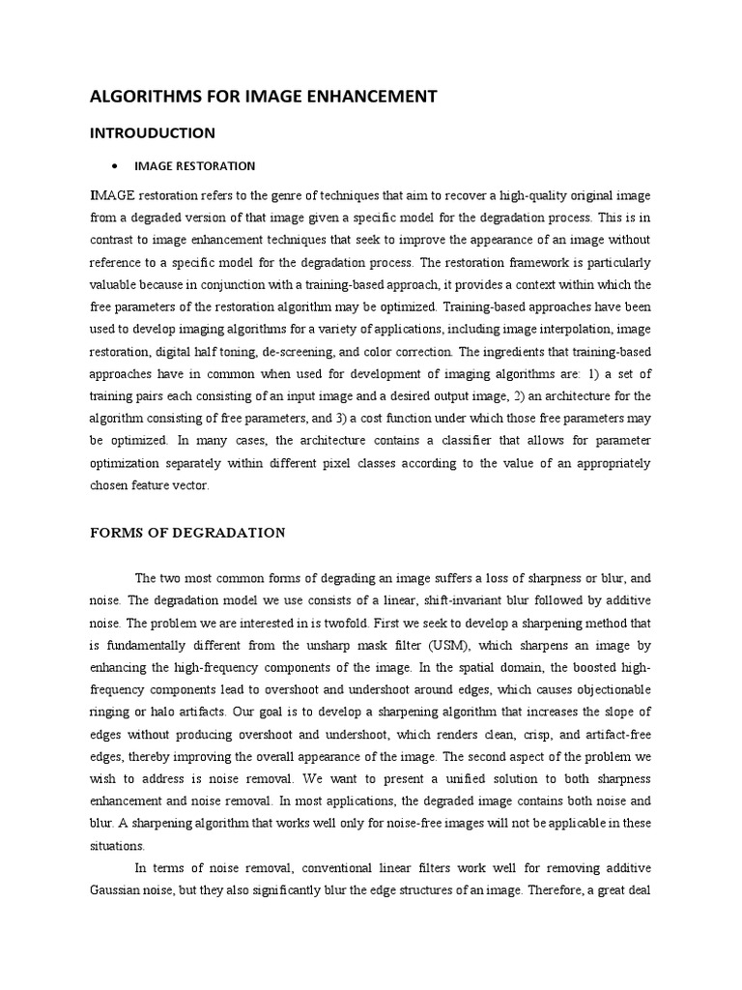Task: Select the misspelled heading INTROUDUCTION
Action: coord(153,132)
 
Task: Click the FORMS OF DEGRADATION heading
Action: coord(187,533)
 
